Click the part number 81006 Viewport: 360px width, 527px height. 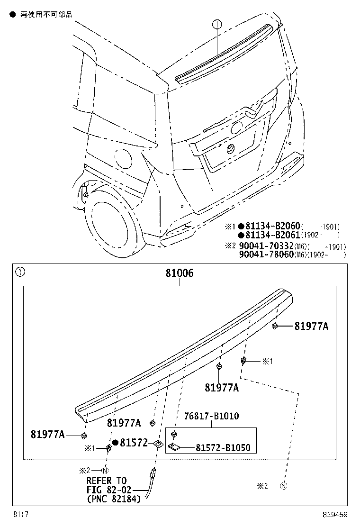pos(180,273)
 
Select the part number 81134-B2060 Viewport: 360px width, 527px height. pos(272,227)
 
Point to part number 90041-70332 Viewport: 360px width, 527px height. pos(262,246)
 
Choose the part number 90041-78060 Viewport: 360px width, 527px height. pos(262,255)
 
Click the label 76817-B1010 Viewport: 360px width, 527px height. pos(212,416)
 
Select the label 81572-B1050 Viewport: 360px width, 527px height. pos(223,448)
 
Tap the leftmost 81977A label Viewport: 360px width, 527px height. pos(47,434)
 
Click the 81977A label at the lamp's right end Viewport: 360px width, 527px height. pos(311,326)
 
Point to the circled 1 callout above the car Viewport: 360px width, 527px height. pos(216,24)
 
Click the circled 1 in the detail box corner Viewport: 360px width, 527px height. pos(19,272)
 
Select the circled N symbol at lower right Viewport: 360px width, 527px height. pos(284,486)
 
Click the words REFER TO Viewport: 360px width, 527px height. pos(106,481)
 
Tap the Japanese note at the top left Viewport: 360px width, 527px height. pos(46,15)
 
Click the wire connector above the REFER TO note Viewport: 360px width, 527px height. pos(153,472)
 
